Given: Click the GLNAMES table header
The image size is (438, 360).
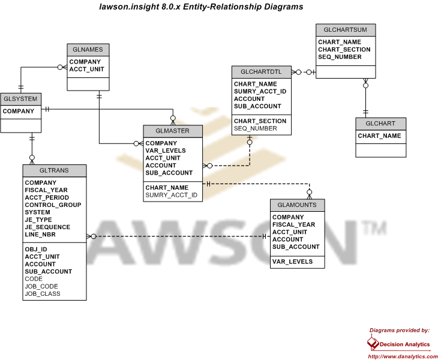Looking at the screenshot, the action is coord(88,50).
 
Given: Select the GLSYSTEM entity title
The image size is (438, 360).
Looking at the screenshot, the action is coord(20,99).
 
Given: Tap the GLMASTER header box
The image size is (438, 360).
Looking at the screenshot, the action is coord(173,131).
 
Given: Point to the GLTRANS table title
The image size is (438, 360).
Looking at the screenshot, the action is coord(54,170).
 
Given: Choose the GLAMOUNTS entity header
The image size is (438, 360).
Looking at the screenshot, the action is coord(297,205).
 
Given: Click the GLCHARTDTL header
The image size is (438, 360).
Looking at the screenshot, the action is coord(262,72).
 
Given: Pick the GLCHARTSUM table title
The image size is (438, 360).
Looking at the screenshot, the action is coord(346,30).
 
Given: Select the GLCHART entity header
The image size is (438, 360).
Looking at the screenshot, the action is coord(381,124).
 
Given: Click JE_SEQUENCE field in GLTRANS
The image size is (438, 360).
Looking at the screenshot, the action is coord(47,227).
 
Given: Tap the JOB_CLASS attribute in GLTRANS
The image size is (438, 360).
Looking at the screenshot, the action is coord(43,293).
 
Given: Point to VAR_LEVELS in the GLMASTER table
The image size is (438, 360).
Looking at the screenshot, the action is coord(166,151).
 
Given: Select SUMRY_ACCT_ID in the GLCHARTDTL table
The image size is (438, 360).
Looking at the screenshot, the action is coord(260,91).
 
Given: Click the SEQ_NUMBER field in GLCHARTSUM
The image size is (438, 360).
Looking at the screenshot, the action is coord(340,56).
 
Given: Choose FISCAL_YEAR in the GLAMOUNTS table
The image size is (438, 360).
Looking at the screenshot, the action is coord(293,224).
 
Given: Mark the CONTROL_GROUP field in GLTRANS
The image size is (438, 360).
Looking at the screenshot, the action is coord(53,205).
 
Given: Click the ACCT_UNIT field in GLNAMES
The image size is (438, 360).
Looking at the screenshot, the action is coord(86,69).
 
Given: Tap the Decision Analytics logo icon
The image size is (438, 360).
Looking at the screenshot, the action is coord(373,343).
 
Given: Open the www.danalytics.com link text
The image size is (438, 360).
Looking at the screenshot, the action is coord(403,356).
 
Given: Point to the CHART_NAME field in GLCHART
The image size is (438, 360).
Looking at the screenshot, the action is coord(379,136).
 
